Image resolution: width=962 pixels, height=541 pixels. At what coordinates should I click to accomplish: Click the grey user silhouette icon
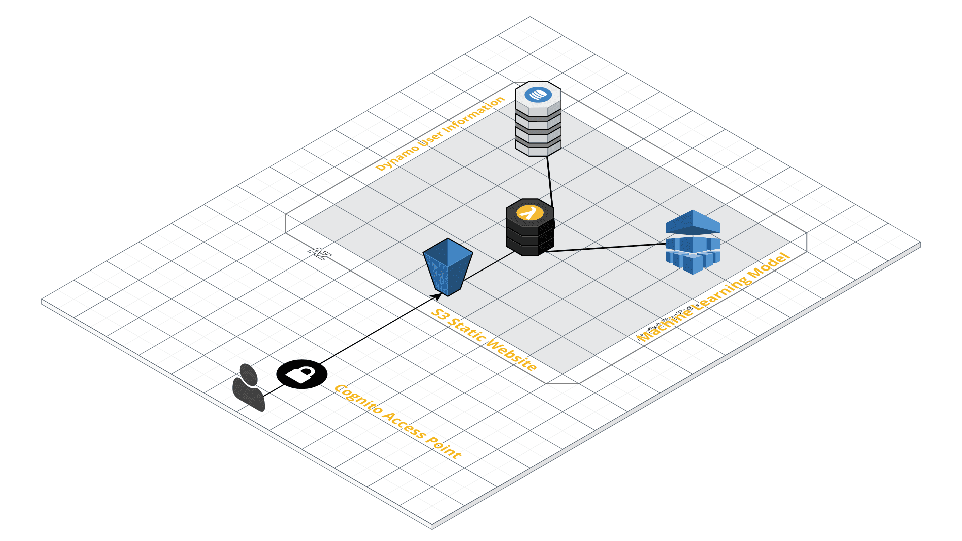click(248, 388)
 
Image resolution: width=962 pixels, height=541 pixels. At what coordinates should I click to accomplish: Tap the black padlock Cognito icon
click(302, 374)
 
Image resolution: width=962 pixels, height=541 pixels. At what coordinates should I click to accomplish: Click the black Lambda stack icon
click(530, 228)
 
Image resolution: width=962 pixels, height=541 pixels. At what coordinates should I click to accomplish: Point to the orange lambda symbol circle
click(530, 212)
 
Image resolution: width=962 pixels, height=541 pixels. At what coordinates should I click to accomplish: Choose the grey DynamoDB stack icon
click(538, 120)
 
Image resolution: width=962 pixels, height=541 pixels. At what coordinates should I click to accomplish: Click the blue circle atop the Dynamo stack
click(538, 94)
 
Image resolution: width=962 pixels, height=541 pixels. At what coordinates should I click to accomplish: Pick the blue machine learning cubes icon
click(693, 242)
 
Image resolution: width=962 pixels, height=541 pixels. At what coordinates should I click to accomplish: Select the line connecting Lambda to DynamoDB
click(549, 180)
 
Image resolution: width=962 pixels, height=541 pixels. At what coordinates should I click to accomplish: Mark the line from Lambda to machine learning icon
click(606, 248)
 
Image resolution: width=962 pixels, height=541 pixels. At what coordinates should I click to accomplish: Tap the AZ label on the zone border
click(320, 253)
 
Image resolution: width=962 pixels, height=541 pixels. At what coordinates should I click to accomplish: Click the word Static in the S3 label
click(466, 328)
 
